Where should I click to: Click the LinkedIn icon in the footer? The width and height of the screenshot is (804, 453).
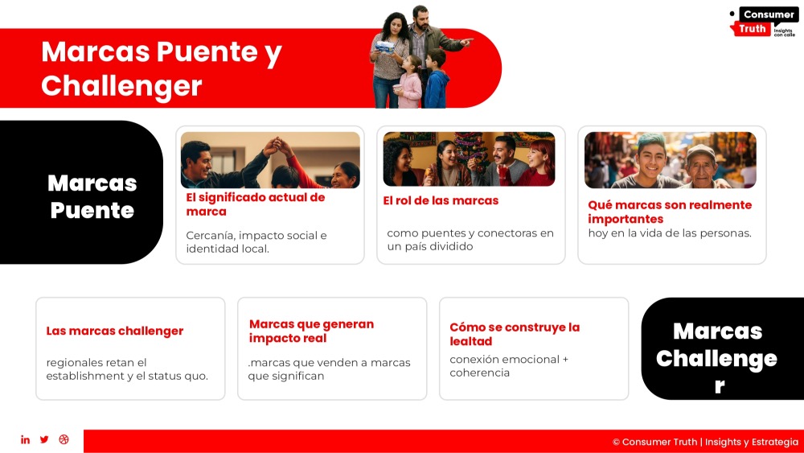point(25,439)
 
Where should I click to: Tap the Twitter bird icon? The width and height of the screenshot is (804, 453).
point(44,439)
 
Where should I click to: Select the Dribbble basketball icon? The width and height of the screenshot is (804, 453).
point(64,439)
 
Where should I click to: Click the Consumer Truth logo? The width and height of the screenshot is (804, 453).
point(763,22)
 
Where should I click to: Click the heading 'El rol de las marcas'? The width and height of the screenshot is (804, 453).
point(441,200)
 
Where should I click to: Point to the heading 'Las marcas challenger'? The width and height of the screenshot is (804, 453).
point(115,331)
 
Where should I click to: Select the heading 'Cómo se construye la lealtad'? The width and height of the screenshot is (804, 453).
point(515,334)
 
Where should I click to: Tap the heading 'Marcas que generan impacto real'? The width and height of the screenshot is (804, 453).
point(311,331)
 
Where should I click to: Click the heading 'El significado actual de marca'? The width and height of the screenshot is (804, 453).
point(256,204)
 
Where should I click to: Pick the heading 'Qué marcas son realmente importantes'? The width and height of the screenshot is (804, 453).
point(670,212)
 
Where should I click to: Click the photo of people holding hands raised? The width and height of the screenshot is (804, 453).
point(270,160)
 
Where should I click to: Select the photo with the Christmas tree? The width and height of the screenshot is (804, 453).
point(469,159)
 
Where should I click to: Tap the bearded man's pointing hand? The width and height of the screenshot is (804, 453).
point(466,42)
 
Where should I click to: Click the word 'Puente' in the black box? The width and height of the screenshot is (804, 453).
point(92,210)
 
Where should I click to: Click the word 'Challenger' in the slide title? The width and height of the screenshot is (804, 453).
point(121,85)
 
